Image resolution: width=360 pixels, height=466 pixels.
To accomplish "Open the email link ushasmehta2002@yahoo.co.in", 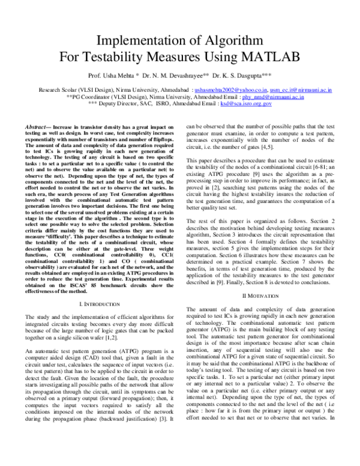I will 231,89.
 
